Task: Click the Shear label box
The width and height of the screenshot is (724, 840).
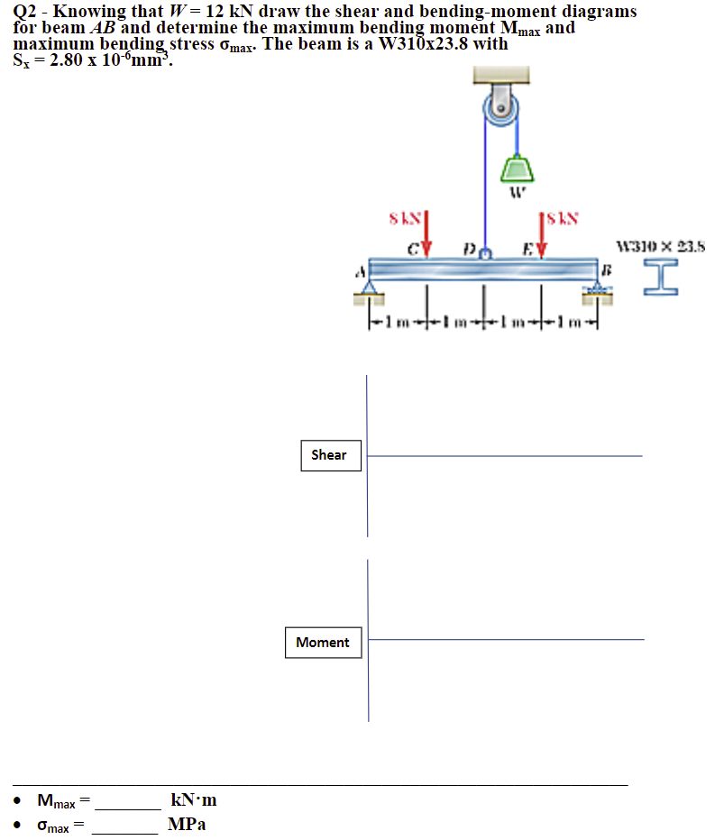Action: tap(329, 455)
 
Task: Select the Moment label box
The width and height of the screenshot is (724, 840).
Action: tap(322, 643)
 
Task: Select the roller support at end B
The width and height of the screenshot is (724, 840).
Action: tap(596, 288)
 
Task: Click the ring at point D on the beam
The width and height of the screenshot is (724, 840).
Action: tap(484, 253)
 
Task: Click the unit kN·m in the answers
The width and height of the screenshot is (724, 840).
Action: tap(193, 800)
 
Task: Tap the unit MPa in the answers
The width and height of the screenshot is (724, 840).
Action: tap(187, 825)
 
